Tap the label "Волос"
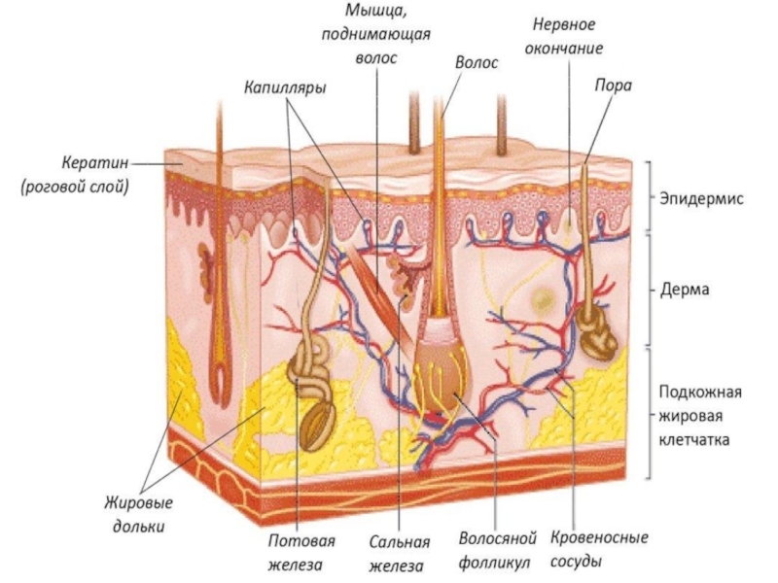click(x=477, y=62)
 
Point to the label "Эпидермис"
click(x=701, y=198)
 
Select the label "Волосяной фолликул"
click(x=496, y=550)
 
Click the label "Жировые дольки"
click(x=139, y=515)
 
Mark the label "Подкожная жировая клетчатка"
click(x=700, y=416)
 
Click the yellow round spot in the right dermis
click(x=541, y=297)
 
